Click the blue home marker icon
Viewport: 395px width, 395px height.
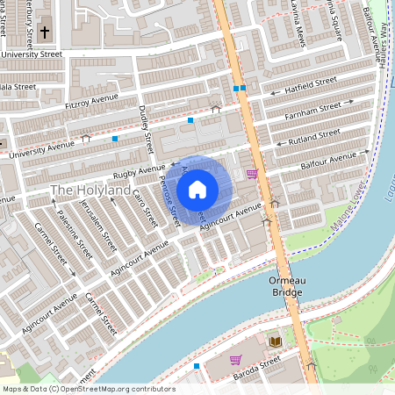[x=197, y=188]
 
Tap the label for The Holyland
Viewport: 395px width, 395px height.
[x=90, y=190]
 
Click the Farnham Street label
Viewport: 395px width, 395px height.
[x=311, y=111]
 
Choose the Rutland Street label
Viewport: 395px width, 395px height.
[x=313, y=137]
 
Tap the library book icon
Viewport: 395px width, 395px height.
[x=275, y=341]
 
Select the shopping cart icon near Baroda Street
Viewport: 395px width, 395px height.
[x=235, y=359]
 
